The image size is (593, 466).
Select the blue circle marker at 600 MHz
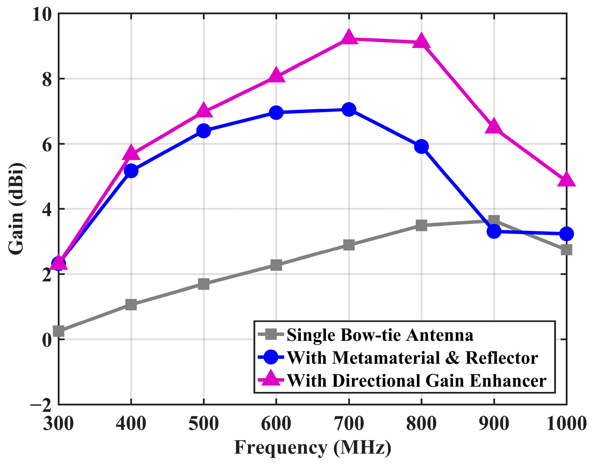[276, 112]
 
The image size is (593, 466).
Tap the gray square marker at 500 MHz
[203, 284]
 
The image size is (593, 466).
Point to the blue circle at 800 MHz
[421, 147]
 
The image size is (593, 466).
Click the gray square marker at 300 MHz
[59, 331]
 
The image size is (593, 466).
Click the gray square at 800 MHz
[421, 225]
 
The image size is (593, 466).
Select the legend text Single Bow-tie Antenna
[380, 335]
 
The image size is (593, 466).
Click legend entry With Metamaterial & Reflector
[412, 358]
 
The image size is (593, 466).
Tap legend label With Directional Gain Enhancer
[416, 381]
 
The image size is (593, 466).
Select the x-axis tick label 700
[349, 424]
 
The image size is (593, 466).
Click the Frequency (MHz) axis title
[312, 448]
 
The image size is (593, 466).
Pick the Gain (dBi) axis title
[16, 208]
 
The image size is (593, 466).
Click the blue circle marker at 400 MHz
[131, 171]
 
